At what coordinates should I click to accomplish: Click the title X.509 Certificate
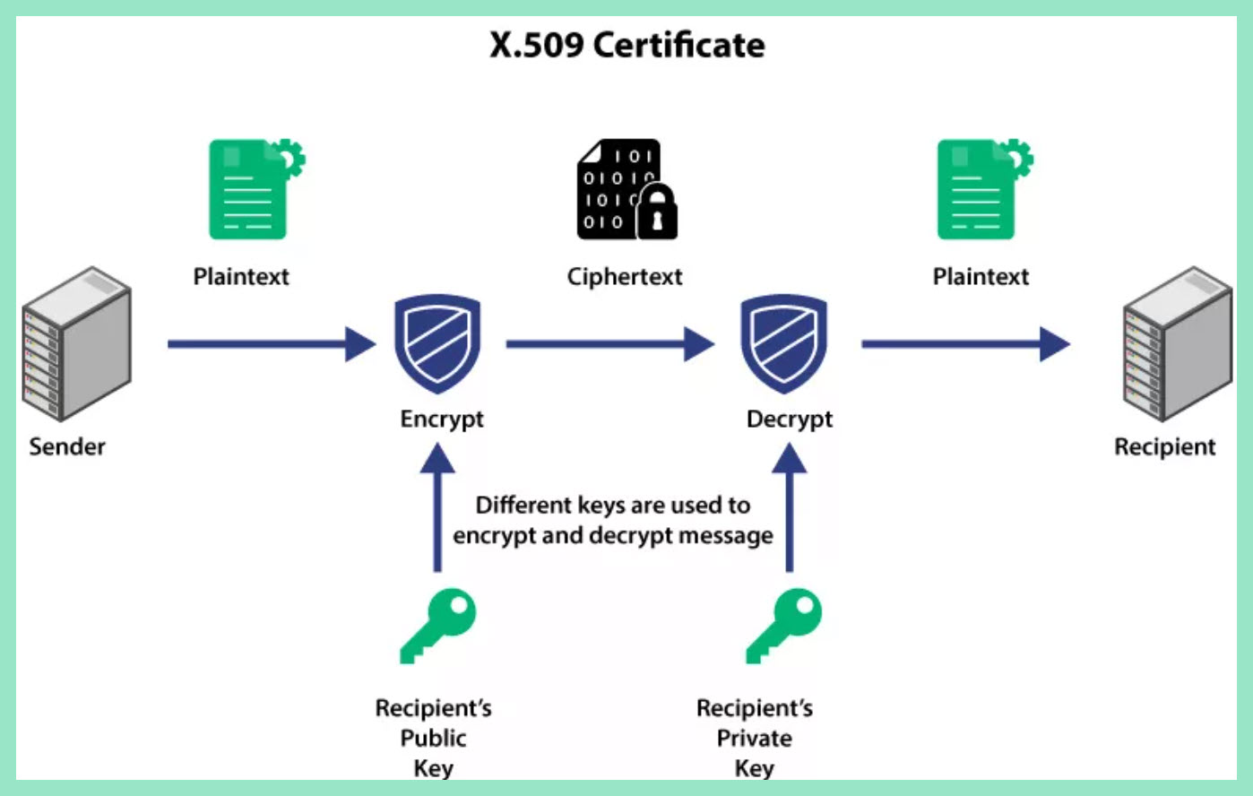pos(626,45)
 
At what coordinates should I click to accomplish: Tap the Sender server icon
pos(77,343)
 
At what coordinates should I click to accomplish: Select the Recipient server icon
pos(1177,343)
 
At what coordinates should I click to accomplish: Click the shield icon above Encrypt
pos(437,343)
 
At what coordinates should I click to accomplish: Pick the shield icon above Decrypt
pos(783,343)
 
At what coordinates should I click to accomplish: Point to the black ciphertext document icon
pos(618,189)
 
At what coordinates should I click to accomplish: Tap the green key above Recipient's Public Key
pos(437,624)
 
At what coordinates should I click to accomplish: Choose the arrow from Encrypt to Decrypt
pos(609,343)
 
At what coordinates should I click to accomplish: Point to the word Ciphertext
pos(625,277)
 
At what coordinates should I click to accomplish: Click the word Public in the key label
pos(433,739)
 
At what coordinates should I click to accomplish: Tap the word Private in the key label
pos(754,739)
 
